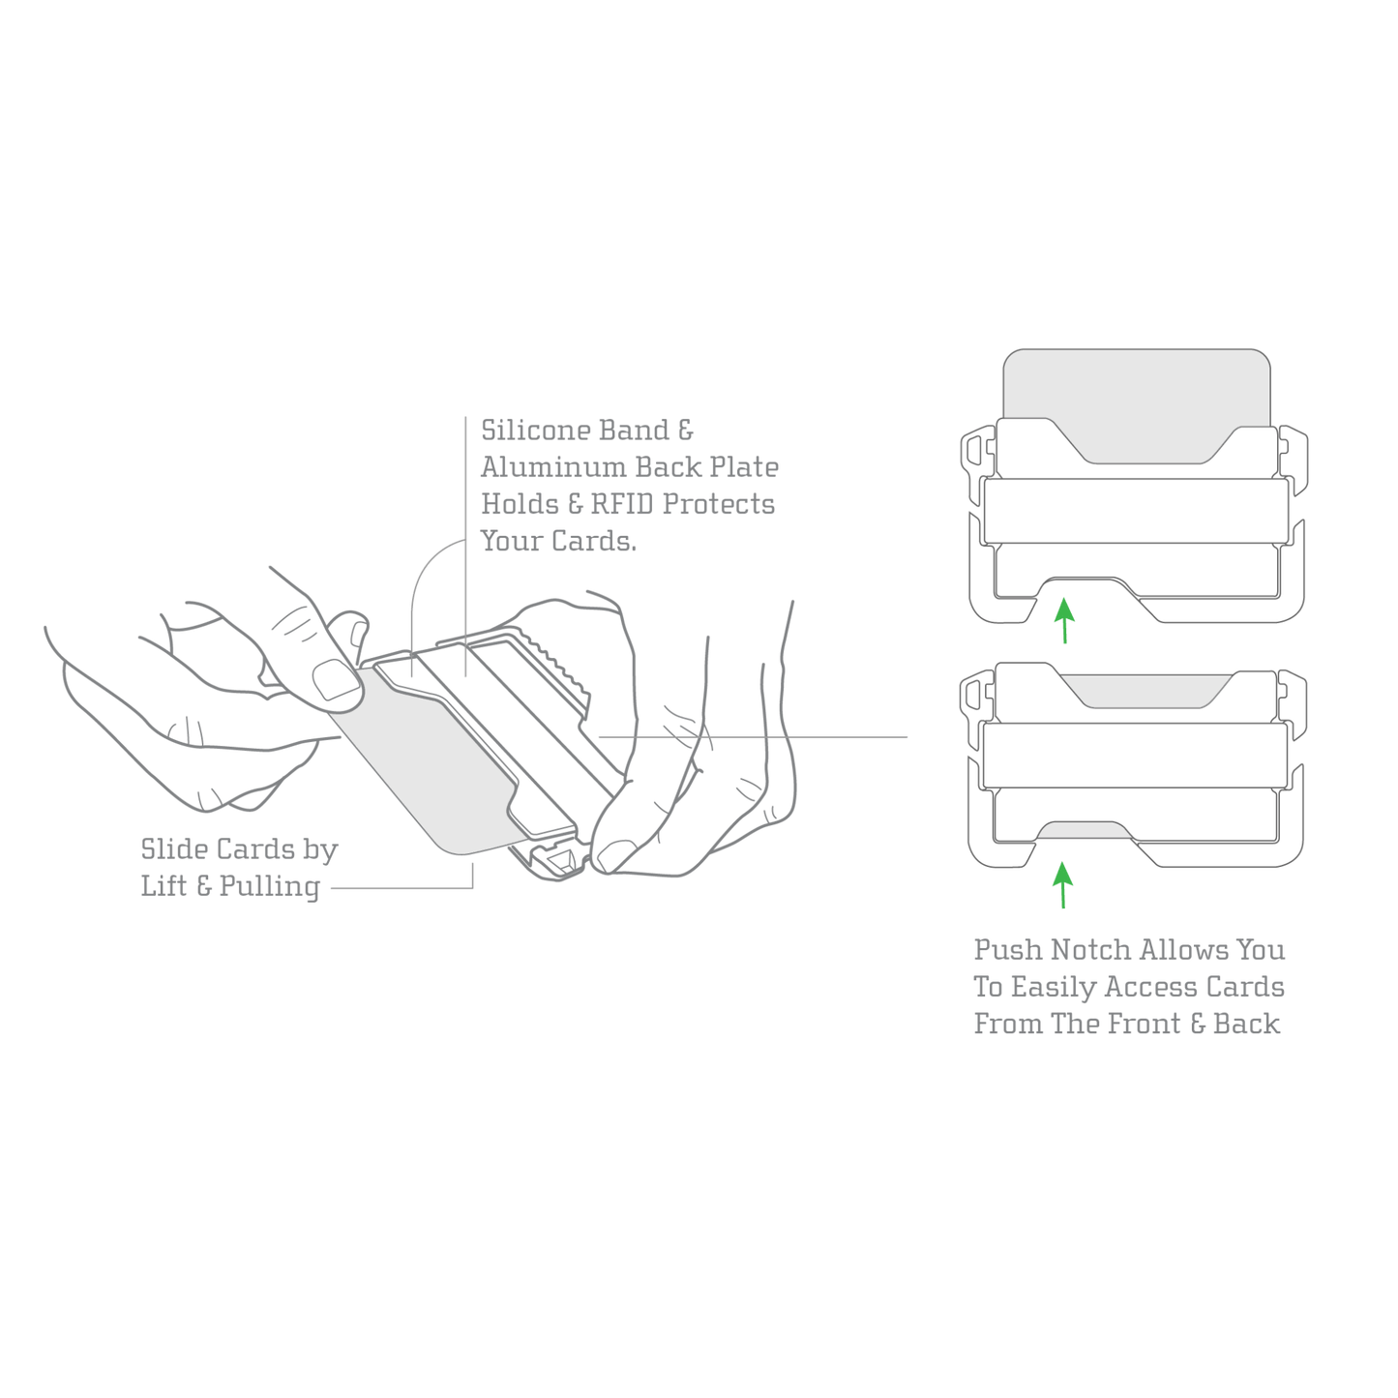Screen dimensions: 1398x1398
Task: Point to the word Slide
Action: tap(173, 850)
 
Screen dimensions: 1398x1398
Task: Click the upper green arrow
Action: tap(1064, 620)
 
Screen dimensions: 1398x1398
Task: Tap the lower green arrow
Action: tap(1063, 885)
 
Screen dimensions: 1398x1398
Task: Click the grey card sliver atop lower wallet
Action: tap(1142, 689)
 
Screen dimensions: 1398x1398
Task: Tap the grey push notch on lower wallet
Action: tap(1084, 831)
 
